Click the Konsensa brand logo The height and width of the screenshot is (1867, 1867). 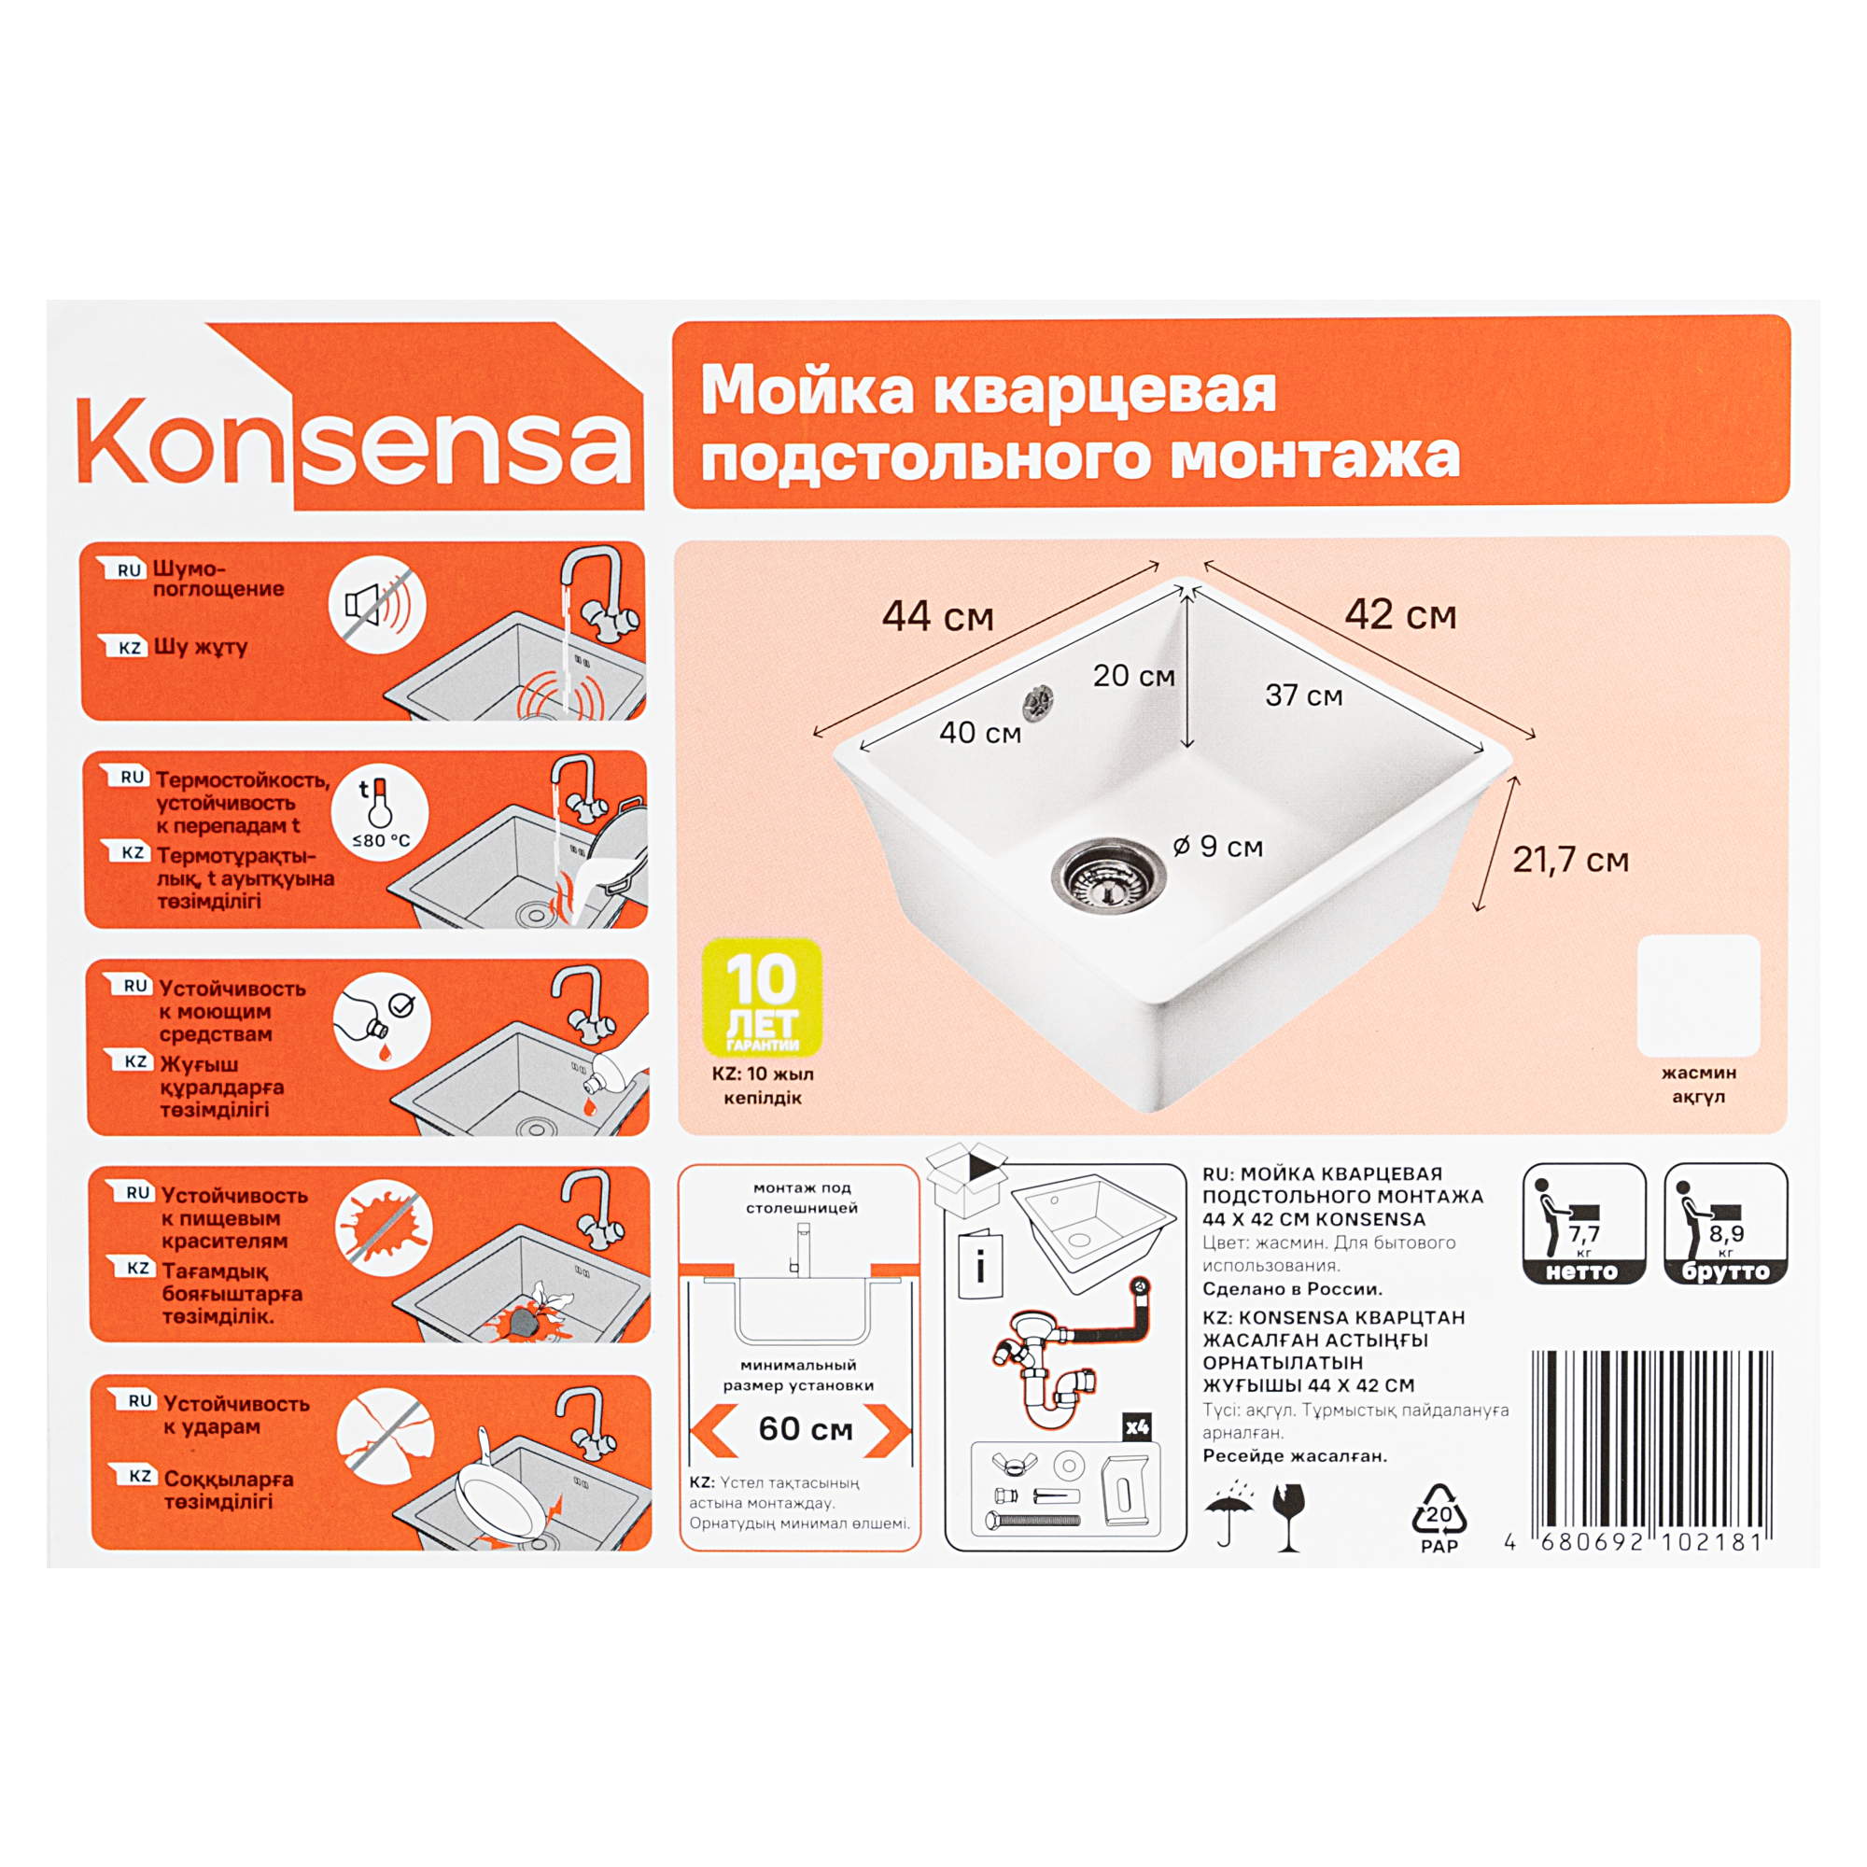click(359, 415)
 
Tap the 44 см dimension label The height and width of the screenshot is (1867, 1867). click(937, 616)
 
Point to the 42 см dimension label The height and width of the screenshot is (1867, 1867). click(1400, 614)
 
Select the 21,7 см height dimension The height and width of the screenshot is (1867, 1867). click(1570, 860)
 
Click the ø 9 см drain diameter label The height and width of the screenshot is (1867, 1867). click(1217, 847)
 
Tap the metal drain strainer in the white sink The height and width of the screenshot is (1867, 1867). click(1108, 874)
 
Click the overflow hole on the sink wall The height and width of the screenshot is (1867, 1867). click(1039, 703)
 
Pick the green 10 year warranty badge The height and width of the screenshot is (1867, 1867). click(763, 997)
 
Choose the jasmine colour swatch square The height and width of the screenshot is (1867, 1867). click(1699, 995)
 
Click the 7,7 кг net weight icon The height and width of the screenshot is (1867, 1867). click(1584, 1224)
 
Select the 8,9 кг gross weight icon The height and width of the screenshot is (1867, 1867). click(1726, 1224)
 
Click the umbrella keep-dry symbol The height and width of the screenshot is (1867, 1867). click(1229, 1514)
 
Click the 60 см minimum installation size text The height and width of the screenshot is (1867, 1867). click(806, 1429)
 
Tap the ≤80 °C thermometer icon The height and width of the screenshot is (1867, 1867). click(380, 814)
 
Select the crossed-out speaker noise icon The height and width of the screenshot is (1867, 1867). click(377, 605)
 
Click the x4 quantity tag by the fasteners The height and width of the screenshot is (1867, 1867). click(1136, 1427)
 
